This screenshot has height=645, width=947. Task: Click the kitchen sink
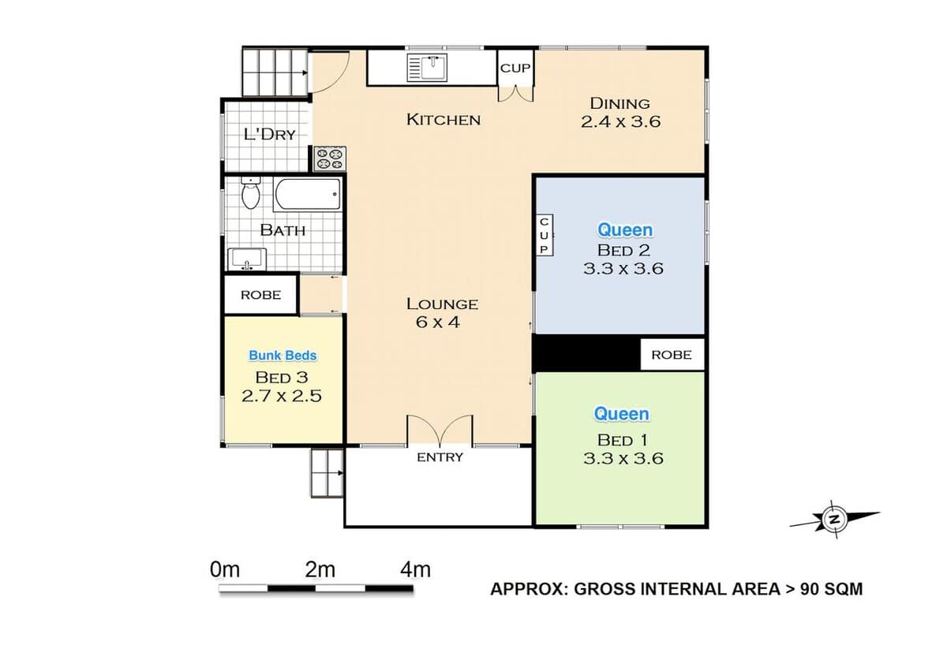427,68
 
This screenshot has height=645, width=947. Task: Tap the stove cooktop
330,158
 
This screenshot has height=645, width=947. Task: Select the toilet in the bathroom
251,192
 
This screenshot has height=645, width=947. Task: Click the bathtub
307,194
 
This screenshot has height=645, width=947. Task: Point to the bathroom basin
247,259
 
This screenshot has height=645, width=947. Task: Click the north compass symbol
834,520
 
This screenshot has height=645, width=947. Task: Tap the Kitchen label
444,120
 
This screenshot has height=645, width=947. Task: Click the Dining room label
619,103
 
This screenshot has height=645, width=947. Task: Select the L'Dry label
269,134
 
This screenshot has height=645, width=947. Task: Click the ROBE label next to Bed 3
261,295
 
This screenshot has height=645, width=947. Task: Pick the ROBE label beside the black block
672,355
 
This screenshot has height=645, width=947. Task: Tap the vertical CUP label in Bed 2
544,235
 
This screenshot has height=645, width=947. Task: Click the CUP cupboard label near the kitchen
515,68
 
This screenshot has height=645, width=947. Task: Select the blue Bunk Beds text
283,356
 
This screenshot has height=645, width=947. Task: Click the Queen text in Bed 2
625,230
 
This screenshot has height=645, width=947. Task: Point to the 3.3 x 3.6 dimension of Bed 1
623,458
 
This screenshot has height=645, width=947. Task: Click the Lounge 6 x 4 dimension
437,322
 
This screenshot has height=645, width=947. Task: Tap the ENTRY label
440,457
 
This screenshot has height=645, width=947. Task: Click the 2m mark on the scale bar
320,570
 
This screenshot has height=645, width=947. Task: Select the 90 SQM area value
831,589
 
